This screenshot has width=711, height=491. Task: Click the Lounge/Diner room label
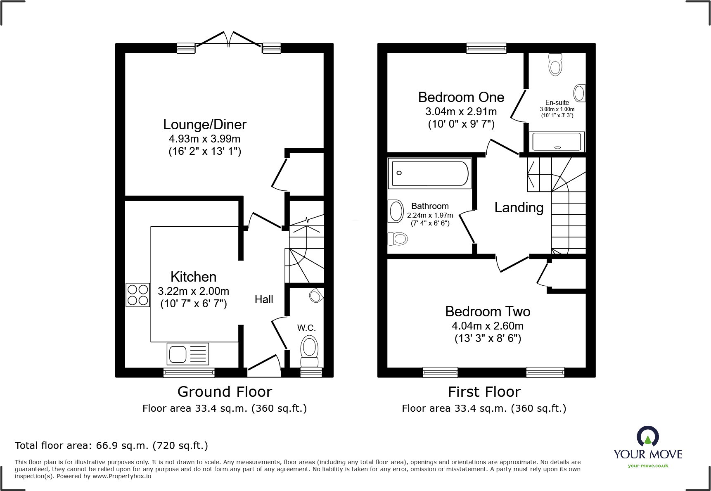pos(205,124)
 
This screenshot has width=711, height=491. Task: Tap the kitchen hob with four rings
pos(137,295)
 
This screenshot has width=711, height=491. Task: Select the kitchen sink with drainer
pos(188,354)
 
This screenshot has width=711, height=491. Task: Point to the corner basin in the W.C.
pos(316,295)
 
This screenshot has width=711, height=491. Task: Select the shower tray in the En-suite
pos(557,142)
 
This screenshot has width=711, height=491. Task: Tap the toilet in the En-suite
pos(555,64)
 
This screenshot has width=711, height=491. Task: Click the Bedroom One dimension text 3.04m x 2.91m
pos(461,111)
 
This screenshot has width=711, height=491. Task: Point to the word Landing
pos(519,207)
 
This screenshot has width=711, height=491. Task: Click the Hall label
pos(264,299)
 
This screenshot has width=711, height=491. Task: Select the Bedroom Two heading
pos(488,311)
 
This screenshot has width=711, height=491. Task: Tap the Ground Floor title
pos(225,391)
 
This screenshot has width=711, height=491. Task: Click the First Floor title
pos(484,391)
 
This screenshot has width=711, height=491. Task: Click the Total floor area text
pos(111,446)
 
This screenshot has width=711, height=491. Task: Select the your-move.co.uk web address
pos(648,466)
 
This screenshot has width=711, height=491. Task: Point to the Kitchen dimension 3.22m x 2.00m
pos(193,291)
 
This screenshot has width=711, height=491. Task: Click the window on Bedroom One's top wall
pos(486,48)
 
